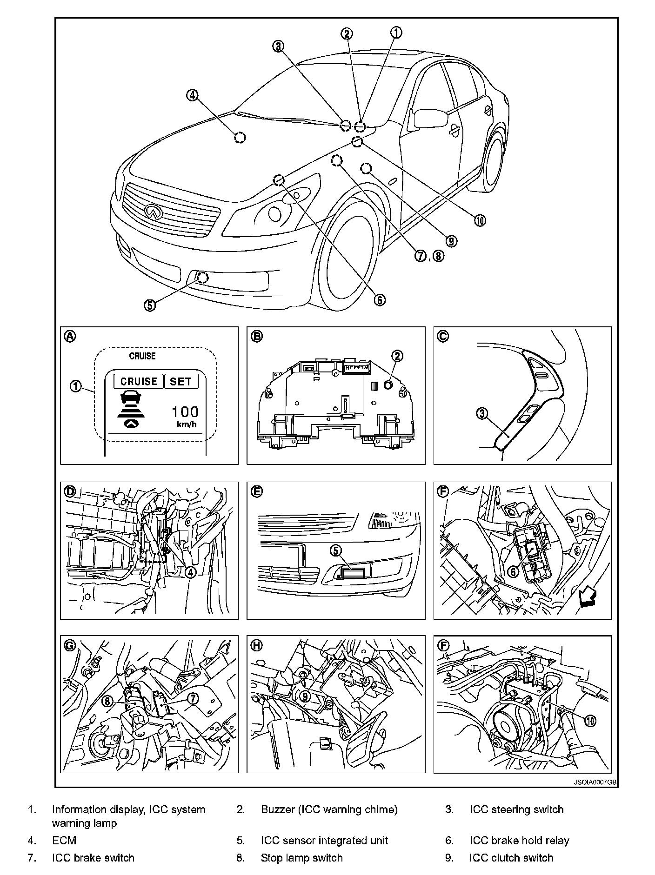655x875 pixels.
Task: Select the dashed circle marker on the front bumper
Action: [x=202, y=278]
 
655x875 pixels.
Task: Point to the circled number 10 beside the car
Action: [x=480, y=220]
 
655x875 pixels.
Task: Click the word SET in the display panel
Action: [x=180, y=381]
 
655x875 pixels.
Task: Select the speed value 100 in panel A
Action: [x=185, y=411]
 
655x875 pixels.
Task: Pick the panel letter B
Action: [x=256, y=336]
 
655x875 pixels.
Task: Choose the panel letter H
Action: [x=256, y=645]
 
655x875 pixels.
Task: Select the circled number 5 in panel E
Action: [x=336, y=550]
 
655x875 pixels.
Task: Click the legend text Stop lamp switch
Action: [x=301, y=858]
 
